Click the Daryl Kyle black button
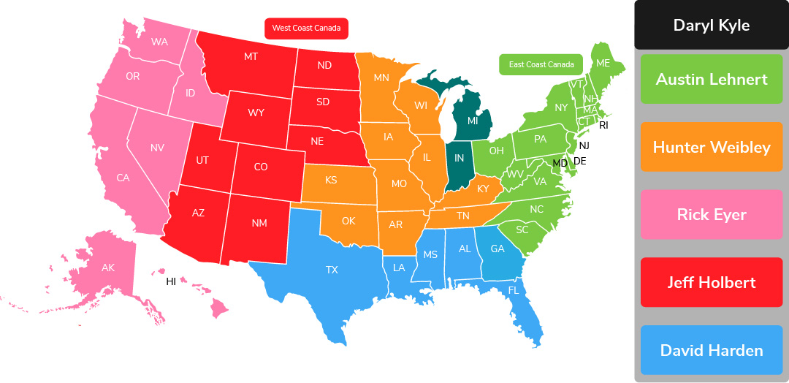pyautogui.click(x=711, y=26)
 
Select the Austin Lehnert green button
pyautogui.click(x=711, y=79)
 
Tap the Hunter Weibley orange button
pyautogui.click(x=711, y=147)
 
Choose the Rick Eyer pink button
pyautogui.click(x=711, y=214)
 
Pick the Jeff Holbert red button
pyautogui.click(x=711, y=282)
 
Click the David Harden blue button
pyautogui.click(x=711, y=350)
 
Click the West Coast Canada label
pyautogui.click(x=306, y=29)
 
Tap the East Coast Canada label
pyautogui.click(x=541, y=64)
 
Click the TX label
pyautogui.click(x=332, y=270)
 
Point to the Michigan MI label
pyautogui.click(x=473, y=120)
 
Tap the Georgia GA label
pyautogui.click(x=498, y=249)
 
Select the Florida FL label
pyautogui.click(x=514, y=290)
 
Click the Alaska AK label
pyautogui.click(x=108, y=268)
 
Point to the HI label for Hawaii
pyautogui.click(x=171, y=281)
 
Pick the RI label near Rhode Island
pyautogui.click(x=603, y=125)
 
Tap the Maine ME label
pyautogui.click(x=603, y=64)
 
